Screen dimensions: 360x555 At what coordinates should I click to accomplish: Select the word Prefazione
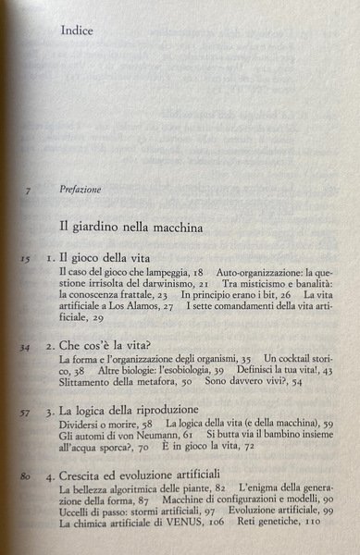(86, 191)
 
